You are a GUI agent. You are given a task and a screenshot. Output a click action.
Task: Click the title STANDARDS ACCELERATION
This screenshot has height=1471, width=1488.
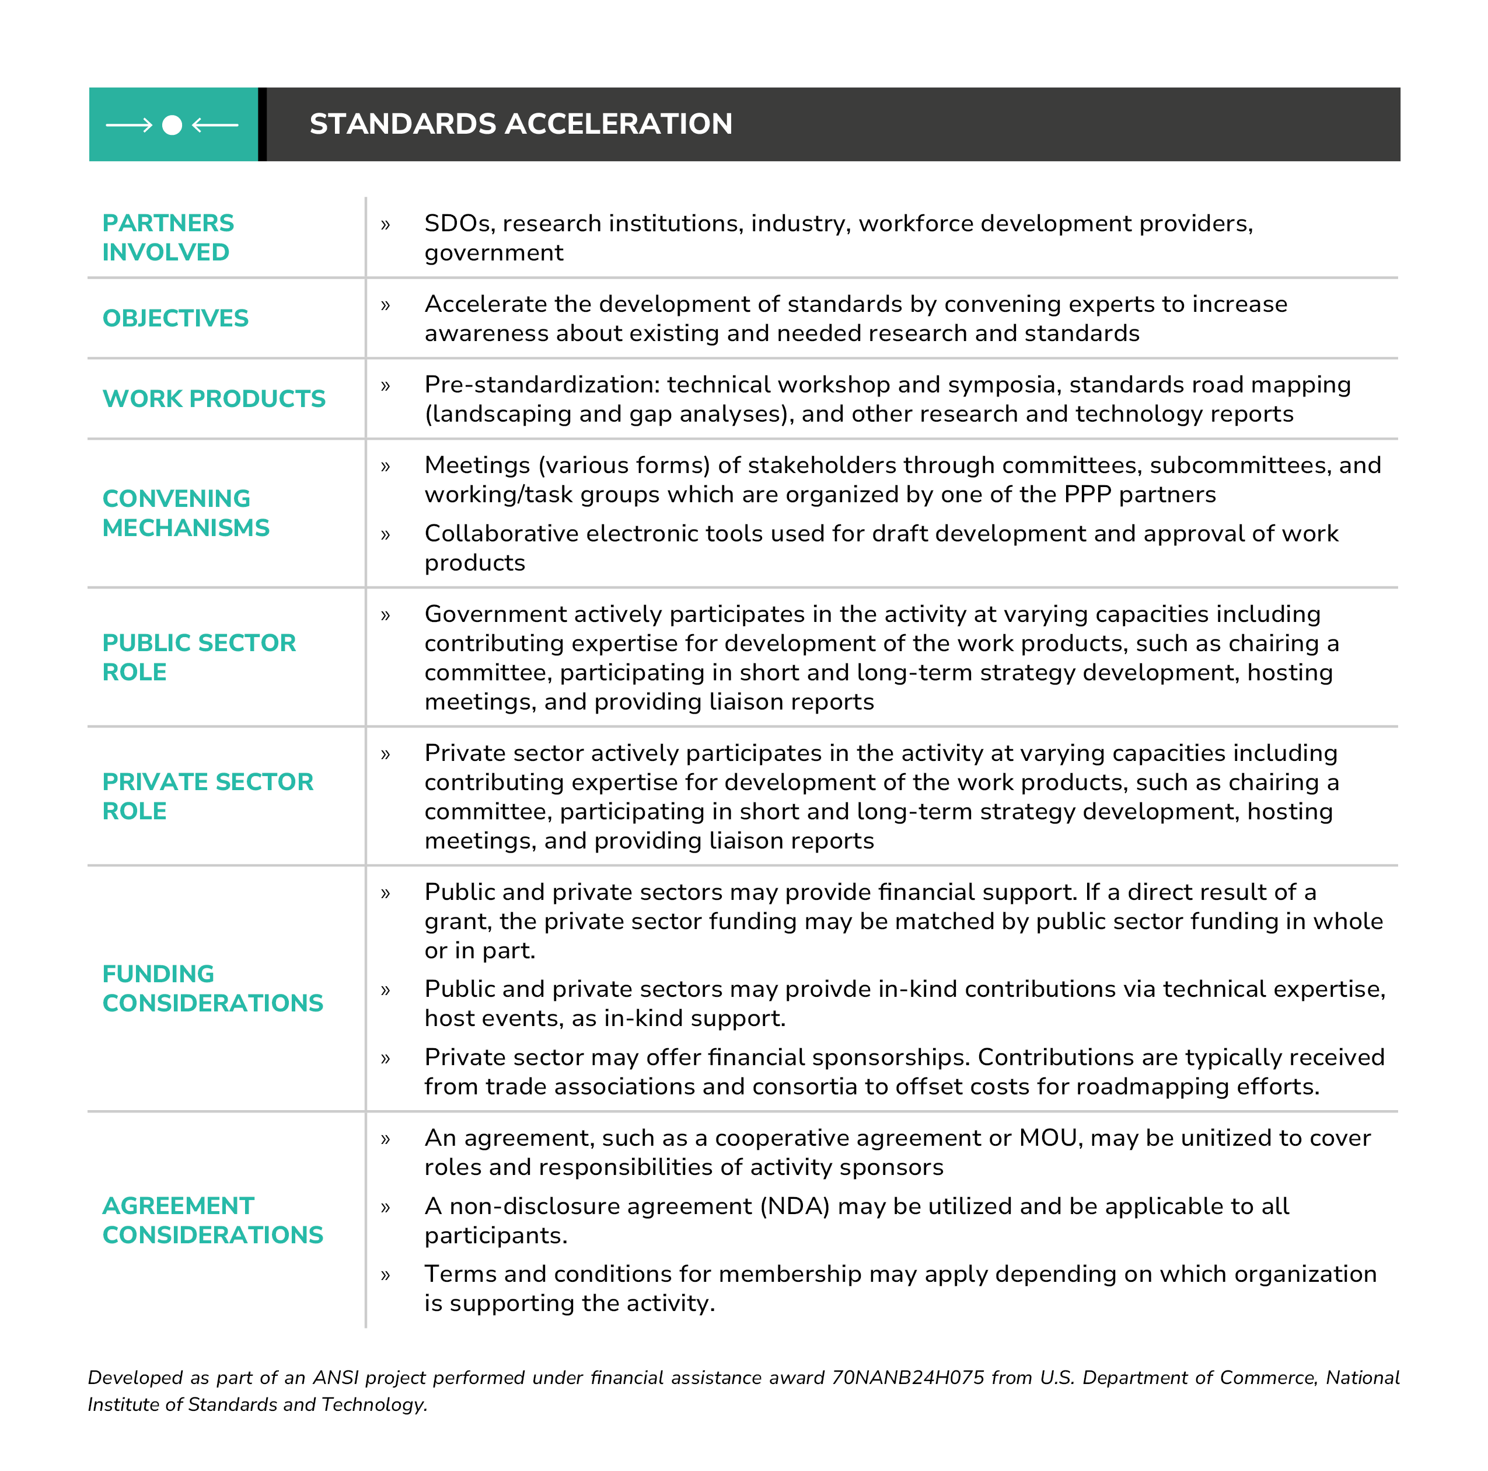point(521,124)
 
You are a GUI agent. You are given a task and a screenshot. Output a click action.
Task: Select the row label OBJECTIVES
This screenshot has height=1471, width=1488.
point(176,318)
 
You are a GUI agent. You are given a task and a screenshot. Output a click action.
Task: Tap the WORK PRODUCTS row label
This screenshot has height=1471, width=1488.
point(214,398)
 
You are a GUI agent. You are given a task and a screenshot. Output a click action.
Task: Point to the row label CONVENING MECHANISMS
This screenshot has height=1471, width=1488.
point(186,513)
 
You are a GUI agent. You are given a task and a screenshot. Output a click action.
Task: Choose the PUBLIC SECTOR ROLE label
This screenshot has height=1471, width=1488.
point(199,658)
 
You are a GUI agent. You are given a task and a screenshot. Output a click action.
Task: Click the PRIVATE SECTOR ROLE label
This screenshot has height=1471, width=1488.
point(208,796)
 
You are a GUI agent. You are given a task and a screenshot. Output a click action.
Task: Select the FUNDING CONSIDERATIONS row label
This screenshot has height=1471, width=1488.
point(212,988)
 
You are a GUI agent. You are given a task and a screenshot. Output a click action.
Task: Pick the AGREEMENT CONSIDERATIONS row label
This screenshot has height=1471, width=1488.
point(212,1220)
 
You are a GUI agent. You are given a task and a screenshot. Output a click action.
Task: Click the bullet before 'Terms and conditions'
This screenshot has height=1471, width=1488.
point(386,1275)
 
